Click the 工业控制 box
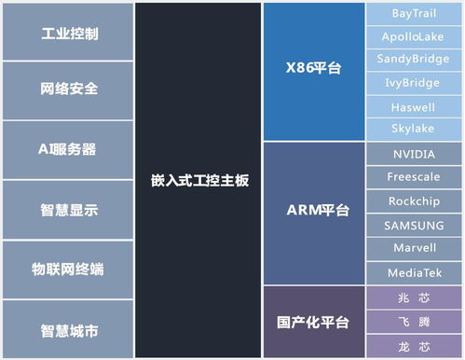pos(69,33)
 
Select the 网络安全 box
pos(69,90)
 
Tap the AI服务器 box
pos(69,149)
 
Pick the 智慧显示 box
pos(69,209)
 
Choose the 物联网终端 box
pos(69,270)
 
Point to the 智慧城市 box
pos(69,330)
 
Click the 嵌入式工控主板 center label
pos(199,180)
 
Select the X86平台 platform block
pos(313,70)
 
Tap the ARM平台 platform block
pos(313,212)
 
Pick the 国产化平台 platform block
pos(313,323)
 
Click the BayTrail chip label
pos(413,14)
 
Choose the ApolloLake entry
pos(413,37)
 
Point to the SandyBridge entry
pos(413,60)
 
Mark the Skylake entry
pos(413,130)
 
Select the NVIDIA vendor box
pos(413,154)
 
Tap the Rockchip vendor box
pos(413,201)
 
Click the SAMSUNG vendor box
pos(413,225)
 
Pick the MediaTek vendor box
pos(413,273)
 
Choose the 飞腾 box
pos(413,323)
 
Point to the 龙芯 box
pos(413,347)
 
